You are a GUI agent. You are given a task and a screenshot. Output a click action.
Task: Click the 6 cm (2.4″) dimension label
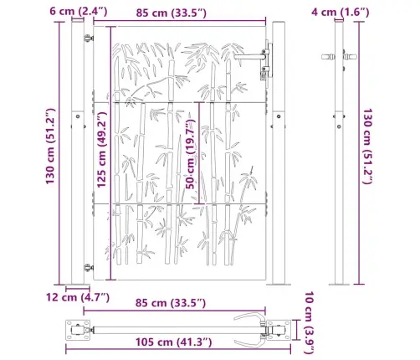click(79, 12)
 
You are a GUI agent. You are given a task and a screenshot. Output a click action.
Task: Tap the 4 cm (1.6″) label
click(341, 12)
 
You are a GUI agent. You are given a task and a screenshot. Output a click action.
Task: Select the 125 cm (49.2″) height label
click(101, 150)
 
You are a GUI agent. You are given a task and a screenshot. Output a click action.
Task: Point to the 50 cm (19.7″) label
click(191, 154)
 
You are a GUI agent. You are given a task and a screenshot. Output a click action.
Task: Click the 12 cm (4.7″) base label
click(78, 297)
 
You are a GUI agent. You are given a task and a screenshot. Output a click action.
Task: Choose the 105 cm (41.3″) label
click(173, 342)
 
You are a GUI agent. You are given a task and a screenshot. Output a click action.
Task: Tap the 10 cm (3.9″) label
click(310, 322)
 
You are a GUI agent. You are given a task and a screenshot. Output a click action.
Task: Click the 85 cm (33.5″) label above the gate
click(172, 13)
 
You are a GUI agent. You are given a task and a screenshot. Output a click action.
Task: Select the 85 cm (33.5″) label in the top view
click(171, 303)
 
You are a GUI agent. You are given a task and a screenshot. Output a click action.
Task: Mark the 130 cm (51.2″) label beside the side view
click(368, 147)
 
